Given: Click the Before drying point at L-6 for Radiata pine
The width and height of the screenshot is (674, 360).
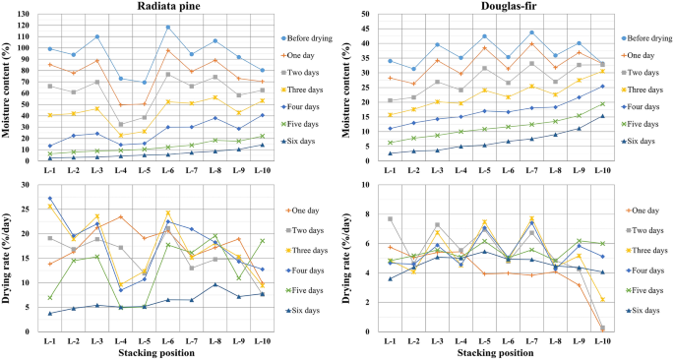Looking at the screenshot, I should pyautogui.click(x=168, y=28).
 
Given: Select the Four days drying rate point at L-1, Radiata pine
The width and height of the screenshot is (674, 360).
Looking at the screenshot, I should pyautogui.click(x=50, y=199).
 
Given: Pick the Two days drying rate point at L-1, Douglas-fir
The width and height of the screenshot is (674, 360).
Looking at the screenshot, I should pyautogui.click(x=390, y=218).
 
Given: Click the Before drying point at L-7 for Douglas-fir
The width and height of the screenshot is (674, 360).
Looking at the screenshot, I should pyautogui.click(x=531, y=31).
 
